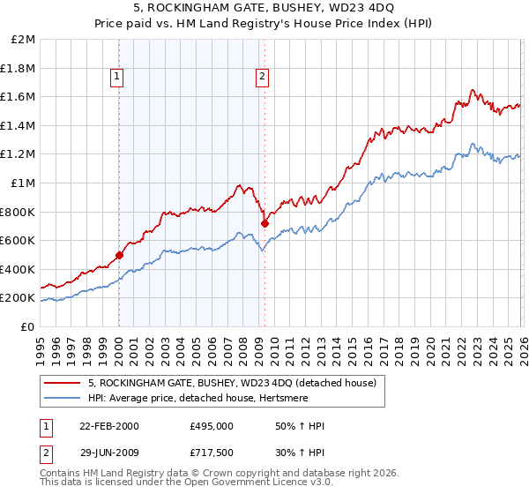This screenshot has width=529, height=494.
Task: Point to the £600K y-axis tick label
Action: point(18,240)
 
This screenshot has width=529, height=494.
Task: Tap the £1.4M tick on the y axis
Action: point(18,125)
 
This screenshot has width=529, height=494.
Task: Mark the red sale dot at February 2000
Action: point(120,255)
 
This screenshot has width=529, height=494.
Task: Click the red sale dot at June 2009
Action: point(264,223)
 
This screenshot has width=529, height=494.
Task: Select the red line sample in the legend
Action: point(63,382)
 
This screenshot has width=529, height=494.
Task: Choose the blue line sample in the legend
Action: point(63,397)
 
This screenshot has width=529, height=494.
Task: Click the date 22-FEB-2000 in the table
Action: point(108,426)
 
